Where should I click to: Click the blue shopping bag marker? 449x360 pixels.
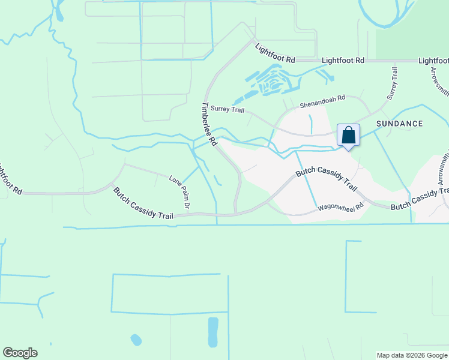348,136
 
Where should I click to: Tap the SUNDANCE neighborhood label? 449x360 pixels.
400,124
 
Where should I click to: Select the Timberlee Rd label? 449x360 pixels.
209,124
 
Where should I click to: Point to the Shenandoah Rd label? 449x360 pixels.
322,100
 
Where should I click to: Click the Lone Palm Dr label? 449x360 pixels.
180,193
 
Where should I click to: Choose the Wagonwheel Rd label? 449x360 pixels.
341,208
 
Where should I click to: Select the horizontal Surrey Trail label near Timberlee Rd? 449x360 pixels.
228,109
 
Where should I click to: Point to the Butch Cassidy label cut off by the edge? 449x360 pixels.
420,200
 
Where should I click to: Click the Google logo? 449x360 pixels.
20,353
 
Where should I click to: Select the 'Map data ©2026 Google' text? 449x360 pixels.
411,355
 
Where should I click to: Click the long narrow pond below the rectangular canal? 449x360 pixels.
212,331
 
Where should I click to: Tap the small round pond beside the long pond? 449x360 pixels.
136,340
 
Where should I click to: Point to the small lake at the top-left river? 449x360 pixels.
59,14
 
